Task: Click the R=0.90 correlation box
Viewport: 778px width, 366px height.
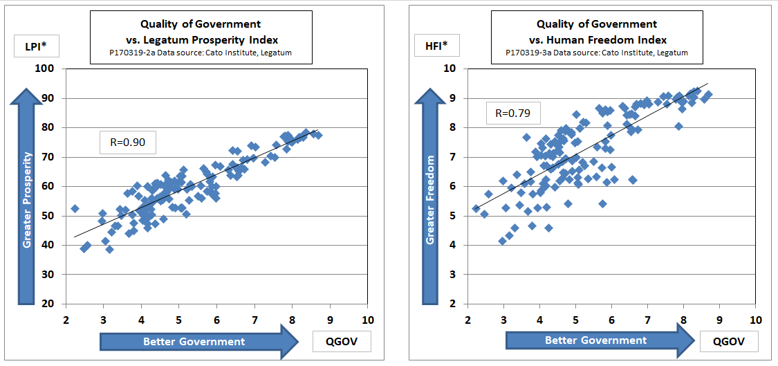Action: click(127, 143)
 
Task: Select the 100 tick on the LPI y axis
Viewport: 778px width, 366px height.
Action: click(46, 68)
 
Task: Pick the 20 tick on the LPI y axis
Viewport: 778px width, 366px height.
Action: click(49, 304)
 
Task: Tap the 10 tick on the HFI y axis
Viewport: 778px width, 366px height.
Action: click(450, 68)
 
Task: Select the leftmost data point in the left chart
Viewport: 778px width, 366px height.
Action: click(75, 208)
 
